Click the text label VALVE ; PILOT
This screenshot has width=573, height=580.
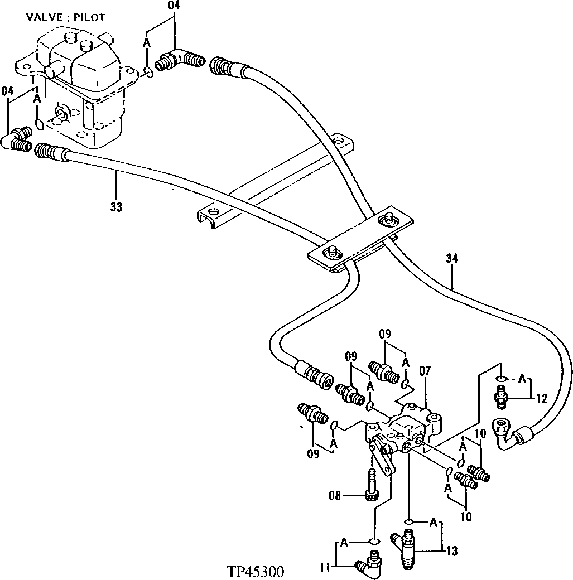tap(65, 17)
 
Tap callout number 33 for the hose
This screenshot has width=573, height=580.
tap(116, 207)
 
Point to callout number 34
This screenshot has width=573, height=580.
tap(452, 258)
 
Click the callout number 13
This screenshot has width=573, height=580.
tap(452, 552)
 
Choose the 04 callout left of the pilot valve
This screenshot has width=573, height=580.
tap(8, 90)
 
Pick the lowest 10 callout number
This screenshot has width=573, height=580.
tap(466, 516)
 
